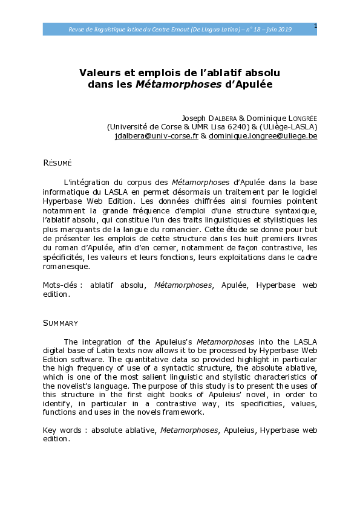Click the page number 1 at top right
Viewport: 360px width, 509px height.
[315, 25]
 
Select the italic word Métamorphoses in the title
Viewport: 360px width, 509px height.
[186, 85]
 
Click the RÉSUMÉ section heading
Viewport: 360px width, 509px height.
[57, 163]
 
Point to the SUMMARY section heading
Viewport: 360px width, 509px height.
[61, 324]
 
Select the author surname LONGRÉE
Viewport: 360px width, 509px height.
[297, 118]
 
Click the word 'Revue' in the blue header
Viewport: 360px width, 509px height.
[77, 30]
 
